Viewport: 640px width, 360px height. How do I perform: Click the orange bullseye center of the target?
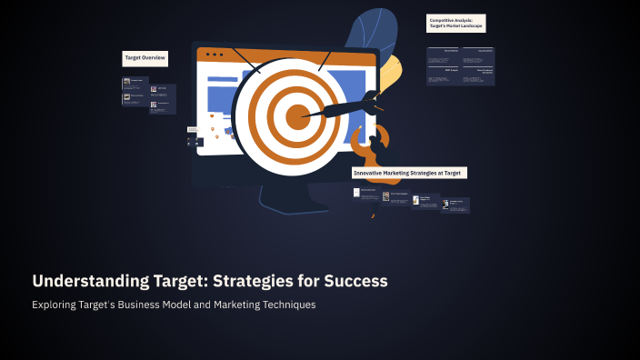298,116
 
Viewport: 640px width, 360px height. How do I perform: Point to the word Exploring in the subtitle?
57,305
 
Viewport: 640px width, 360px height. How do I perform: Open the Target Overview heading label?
145,57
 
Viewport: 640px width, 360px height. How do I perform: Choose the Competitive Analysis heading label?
456,23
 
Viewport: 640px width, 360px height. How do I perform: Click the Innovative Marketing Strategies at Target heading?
409,172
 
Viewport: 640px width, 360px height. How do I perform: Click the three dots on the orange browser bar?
214,55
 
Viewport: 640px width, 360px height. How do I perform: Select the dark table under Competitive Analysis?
460,66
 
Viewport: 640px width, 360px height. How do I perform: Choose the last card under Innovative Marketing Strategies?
456,205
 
